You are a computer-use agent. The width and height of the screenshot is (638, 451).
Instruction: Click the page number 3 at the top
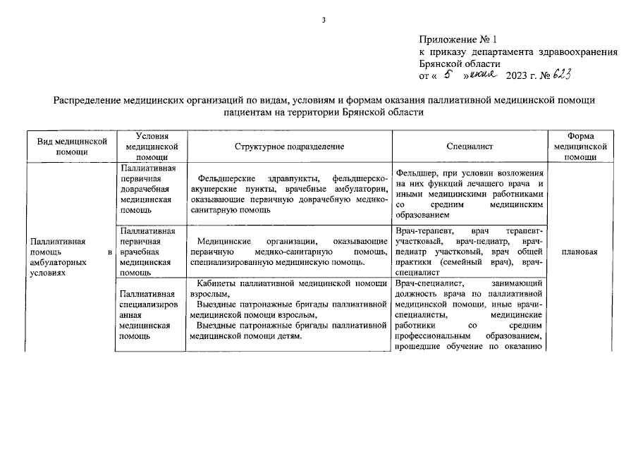323,19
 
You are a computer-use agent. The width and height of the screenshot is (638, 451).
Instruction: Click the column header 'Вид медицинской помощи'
72,146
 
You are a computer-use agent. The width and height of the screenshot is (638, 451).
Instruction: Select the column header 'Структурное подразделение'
289,146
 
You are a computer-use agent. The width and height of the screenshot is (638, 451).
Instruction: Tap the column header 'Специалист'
469,146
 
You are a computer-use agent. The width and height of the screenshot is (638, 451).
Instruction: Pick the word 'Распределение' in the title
86,100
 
